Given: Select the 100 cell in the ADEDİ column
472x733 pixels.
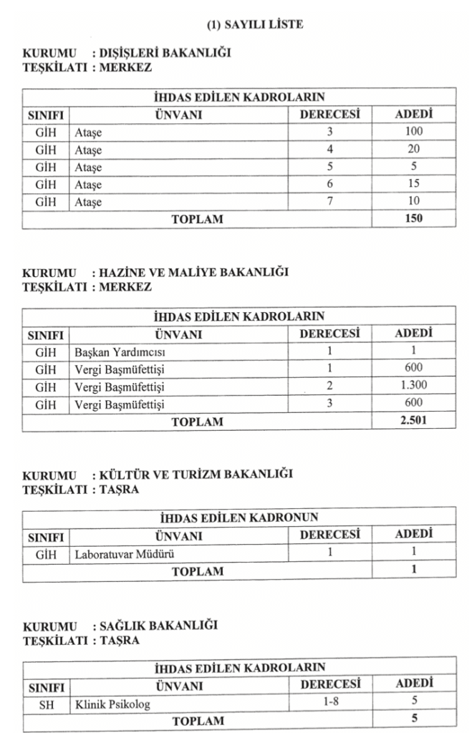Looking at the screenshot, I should pyautogui.click(x=413, y=132).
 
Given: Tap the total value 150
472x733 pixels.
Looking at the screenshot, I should pyautogui.click(x=413, y=219).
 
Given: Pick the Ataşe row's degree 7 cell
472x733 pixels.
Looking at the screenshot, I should pyautogui.click(x=330, y=202).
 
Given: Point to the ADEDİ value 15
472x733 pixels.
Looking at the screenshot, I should pyautogui.click(x=413, y=185).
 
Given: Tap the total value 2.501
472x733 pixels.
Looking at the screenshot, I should pyautogui.click(x=413, y=422).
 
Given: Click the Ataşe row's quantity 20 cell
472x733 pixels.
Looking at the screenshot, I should pyautogui.click(x=413, y=150).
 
